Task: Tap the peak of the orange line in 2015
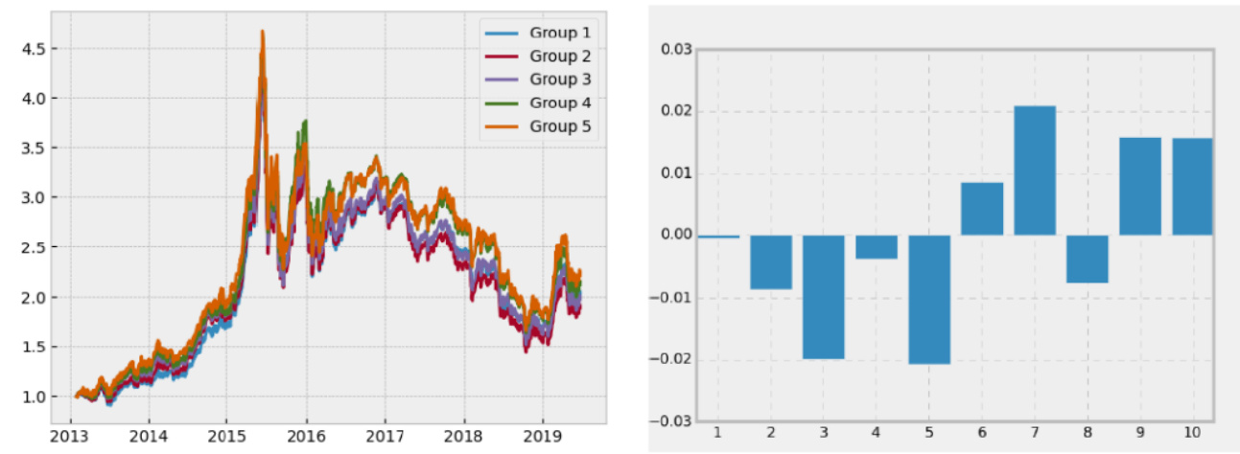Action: [x=262, y=32]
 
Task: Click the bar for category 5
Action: [x=929, y=299]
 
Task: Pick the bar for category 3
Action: [x=824, y=297]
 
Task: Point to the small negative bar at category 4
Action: [x=877, y=247]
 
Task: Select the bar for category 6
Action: [x=982, y=209]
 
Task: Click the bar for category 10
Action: [x=1192, y=187]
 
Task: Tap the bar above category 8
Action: [x=1088, y=259]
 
